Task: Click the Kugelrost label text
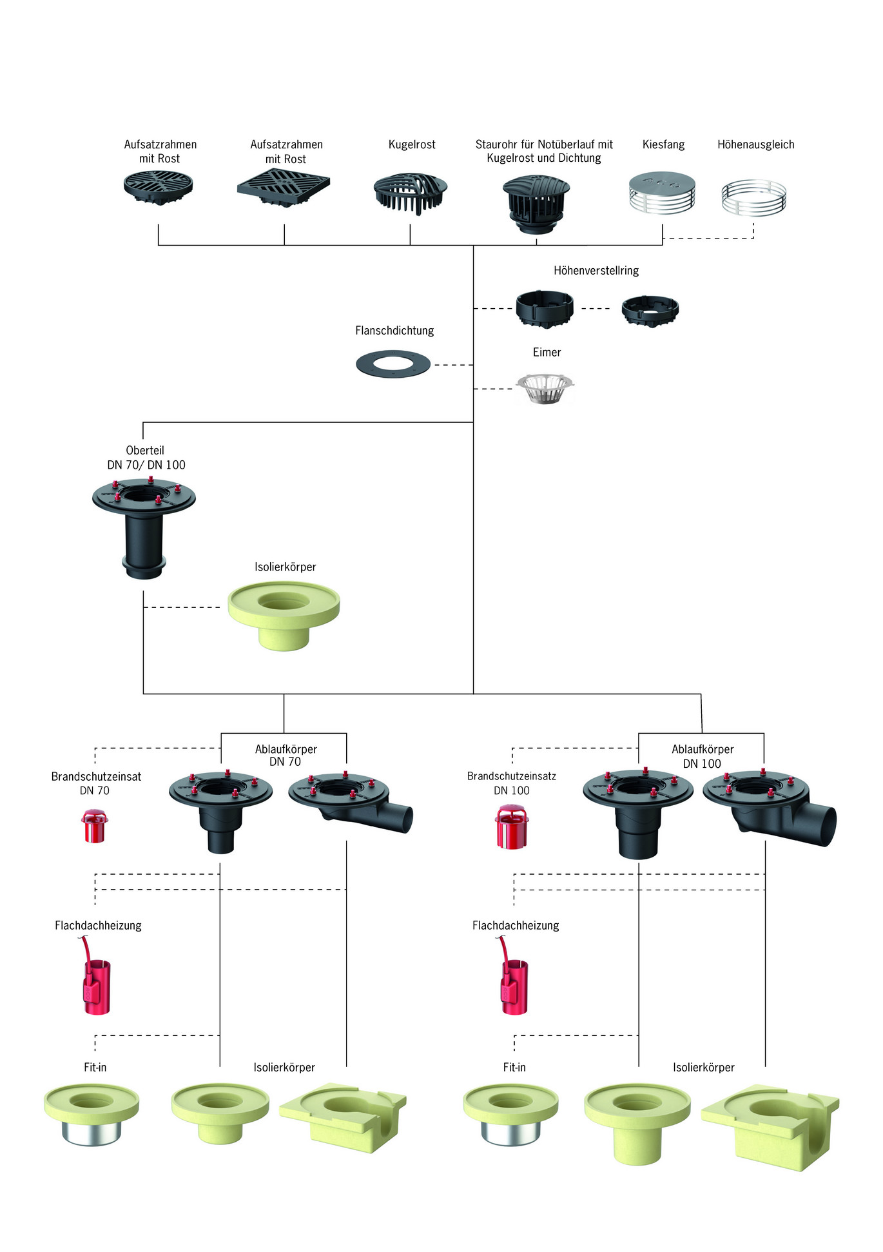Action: point(412,145)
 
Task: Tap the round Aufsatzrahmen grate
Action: point(159,188)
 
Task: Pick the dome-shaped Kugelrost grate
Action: point(411,193)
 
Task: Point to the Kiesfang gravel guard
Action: point(662,192)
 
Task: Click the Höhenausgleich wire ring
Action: point(753,197)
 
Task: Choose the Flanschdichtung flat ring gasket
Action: point(393,364)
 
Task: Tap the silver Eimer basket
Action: point(545,389)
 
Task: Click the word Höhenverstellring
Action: point(596,271)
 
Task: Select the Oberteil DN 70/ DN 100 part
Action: point(144,526)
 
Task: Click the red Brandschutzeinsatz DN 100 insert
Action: point(512,828)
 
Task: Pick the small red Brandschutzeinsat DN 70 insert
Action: point(95,827)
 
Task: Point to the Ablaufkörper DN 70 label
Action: point(286,756)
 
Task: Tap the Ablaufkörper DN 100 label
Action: point(703,756)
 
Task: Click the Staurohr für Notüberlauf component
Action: point(536,204)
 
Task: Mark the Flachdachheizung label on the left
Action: point(98,926)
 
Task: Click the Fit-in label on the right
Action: point(514,1068)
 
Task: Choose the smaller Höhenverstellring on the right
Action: point(650,311)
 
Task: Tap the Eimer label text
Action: point(547,353)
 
